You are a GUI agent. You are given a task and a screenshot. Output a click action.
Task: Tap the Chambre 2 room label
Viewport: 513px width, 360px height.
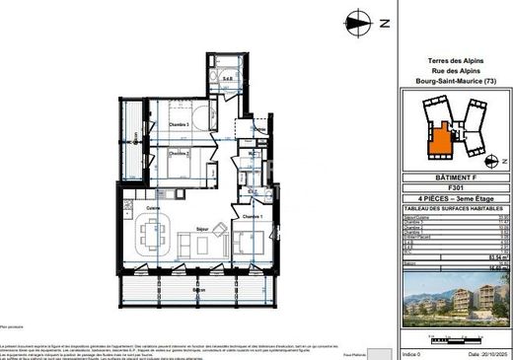coord(177,152)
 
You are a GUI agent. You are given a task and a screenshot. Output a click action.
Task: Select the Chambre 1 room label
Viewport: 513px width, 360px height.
coord(253,216)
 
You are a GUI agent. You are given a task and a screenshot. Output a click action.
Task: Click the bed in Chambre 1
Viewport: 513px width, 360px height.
coord(247,238)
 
